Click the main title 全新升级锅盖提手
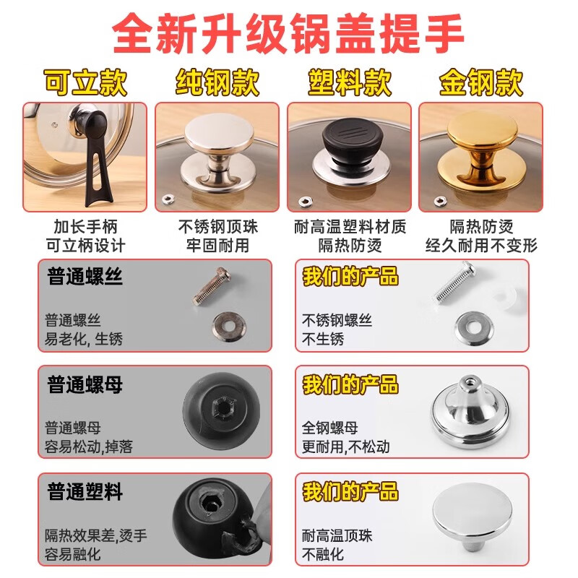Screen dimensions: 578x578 [x=289, y=33]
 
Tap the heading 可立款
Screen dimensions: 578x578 [x=85, y=83]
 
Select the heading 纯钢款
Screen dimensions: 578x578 [x=217, y=83]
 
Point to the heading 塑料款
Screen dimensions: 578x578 [x=350, y=83]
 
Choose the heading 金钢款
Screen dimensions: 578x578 [x=481, y=83]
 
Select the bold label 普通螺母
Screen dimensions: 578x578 [x=85, y=384]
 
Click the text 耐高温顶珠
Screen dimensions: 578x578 [x=337, y=536]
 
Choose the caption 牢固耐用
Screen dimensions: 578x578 [x=217, y=245]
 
